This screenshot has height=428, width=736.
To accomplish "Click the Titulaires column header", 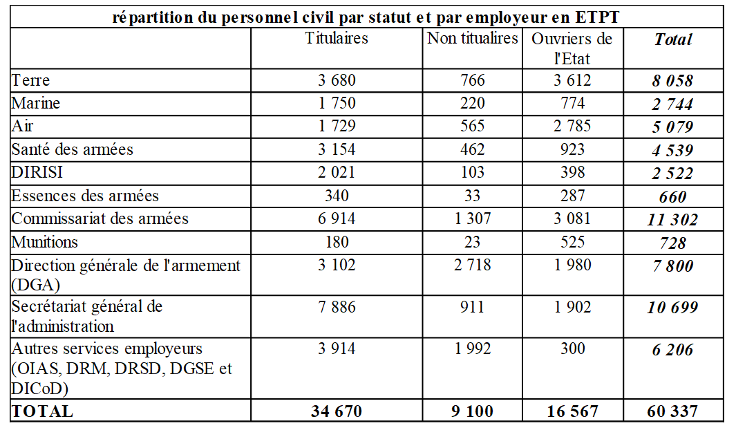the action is pyautogui.click(x=337, y=38).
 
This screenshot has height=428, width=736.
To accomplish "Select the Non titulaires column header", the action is pyautogui.click(x=472, y=38).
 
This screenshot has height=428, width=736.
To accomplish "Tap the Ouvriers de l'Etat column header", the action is pyautogui.click(x=572, y=48).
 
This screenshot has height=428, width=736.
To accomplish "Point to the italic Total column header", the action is pyautogui.click(x=673, y=39).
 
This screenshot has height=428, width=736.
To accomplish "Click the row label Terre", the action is pyautogui.click(x=30, y=80).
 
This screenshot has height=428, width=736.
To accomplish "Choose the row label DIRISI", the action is pyautogui.click(x=37, y=172).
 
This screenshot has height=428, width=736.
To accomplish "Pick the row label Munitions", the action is pyautogui.click(x=45, y=242).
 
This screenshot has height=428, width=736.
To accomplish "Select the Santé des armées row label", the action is pyautogui.click(x=73, y=149).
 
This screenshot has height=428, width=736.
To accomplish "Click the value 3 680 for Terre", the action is pyautogui.click(x=337, y=80).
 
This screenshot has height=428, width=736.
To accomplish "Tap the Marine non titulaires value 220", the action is pyautogui.click(x=472, y=103).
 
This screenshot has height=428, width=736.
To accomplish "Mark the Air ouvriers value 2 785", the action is pyautogui.click(x=572, y=127).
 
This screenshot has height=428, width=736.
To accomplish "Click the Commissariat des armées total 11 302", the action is pyautogui.click(x=673, y=219).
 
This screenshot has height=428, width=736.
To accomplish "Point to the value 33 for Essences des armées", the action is pyautogui.click(x=472, y=196).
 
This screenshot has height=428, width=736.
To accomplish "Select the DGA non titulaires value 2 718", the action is pyautogui.click(x=472, y=265).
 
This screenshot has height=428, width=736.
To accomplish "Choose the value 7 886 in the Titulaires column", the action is pyautogui.click(x=337, y=307).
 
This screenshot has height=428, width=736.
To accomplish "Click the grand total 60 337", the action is pyautogui.click(x=673, y=411).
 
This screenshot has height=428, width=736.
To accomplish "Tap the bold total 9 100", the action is pyautogui.click(x=472, y=411).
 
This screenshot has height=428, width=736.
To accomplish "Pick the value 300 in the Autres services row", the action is pyautogui.click(x=572, y=349).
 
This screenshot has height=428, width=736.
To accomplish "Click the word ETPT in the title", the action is pyautogui.click(x=596, y=17).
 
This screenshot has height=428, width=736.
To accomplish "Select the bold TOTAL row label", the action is pyautogui.click(x=42, y=411).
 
